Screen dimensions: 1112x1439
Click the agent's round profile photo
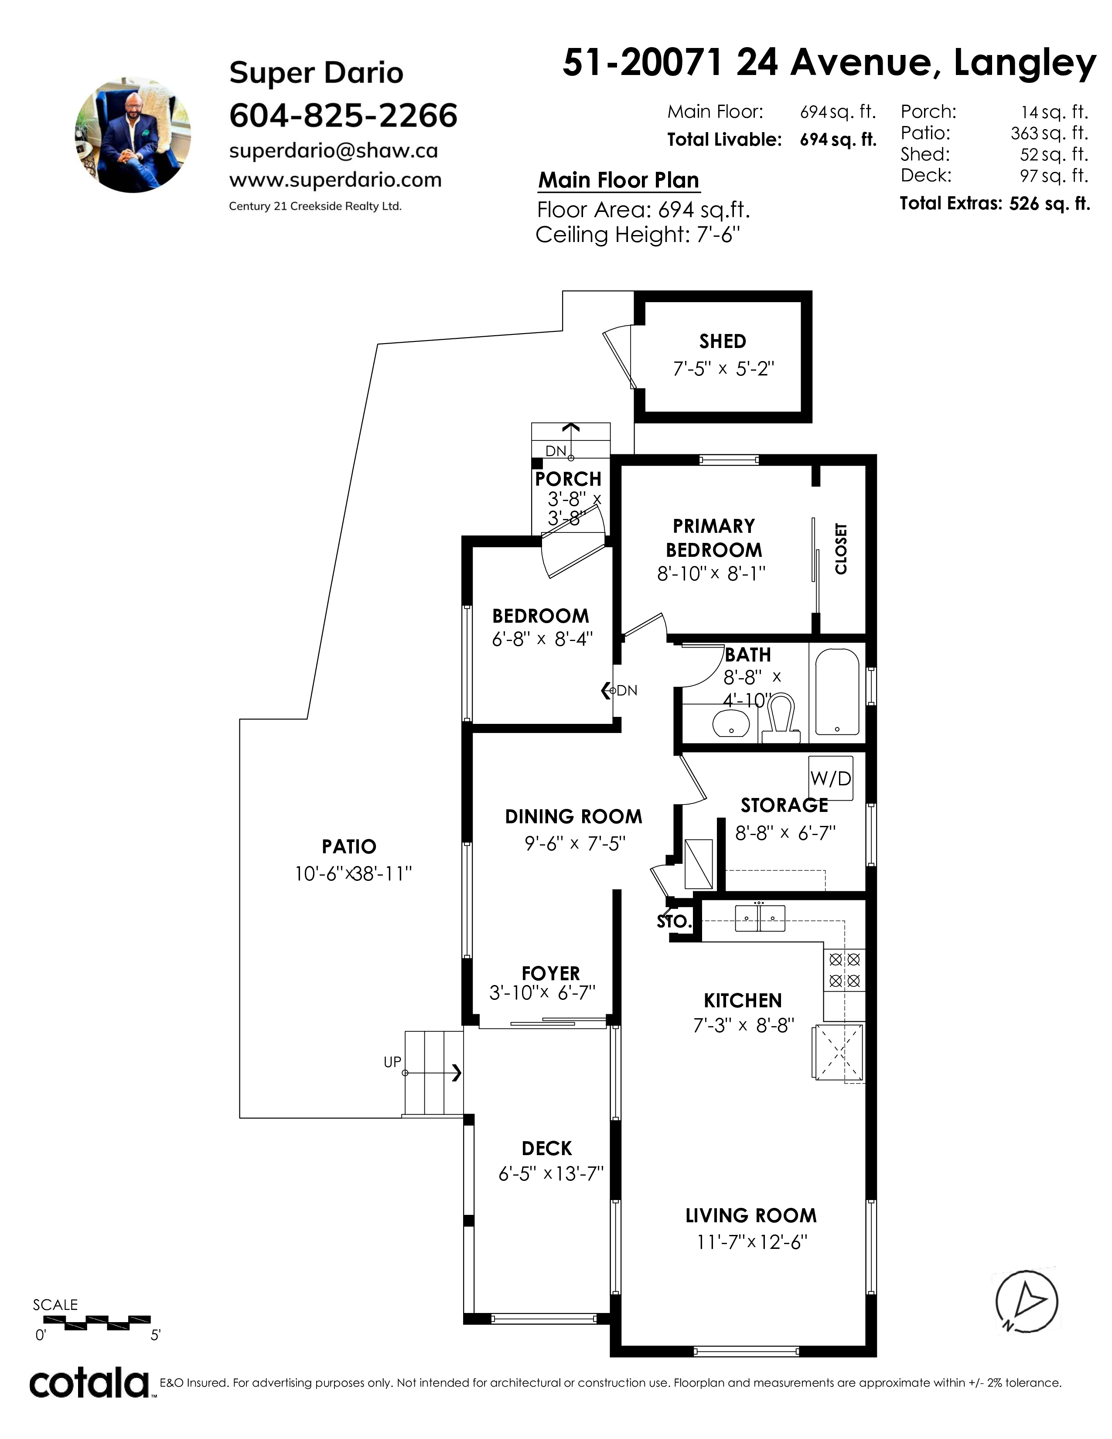(x=133, y=134)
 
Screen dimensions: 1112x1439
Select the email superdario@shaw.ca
(x=333, y=151)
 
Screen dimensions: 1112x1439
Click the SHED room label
(x=723, y=341)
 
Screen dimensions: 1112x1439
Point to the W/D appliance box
(x=831, y=778)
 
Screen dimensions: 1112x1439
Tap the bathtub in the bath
(x=837, y=692)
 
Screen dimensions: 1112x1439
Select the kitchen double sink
(x=760, y=918)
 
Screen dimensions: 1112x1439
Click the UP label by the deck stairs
(x=392, y=1062)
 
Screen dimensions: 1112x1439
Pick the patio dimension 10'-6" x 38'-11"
(x=353, y=874)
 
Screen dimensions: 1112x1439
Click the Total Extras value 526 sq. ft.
(x=1049, y=204)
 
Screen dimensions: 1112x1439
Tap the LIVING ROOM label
(x=751, y=1216)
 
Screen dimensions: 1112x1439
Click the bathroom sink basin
(x=731, y=723)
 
